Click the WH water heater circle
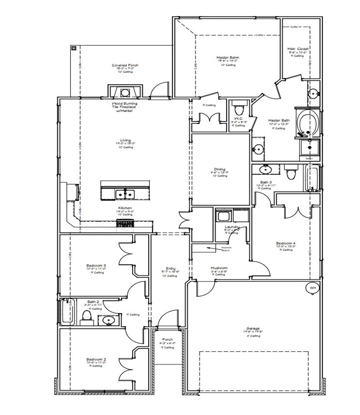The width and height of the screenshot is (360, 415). [312, 288]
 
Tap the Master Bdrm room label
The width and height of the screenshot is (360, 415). [228, 57]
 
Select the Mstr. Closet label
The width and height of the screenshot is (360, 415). [298, 49]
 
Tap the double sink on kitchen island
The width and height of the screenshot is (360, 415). [125, 194]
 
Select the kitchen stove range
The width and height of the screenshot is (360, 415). [125, 224]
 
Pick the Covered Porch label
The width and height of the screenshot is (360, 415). [125, 65]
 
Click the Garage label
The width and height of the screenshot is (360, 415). [253, 328]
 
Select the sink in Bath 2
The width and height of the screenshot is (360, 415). [108, 320]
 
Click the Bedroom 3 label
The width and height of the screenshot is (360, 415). [96, 265]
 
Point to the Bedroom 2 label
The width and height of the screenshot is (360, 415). [96, 359]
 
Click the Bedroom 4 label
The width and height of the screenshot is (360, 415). [285, 243]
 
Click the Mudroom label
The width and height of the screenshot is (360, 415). [219, 268]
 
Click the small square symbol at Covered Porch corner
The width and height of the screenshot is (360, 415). [74, 48]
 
